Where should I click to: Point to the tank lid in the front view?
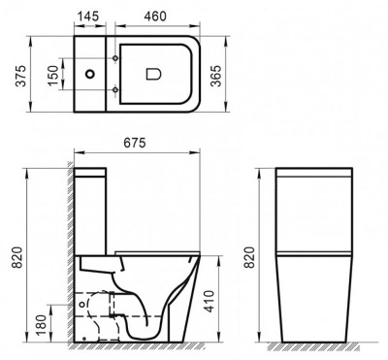315,175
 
